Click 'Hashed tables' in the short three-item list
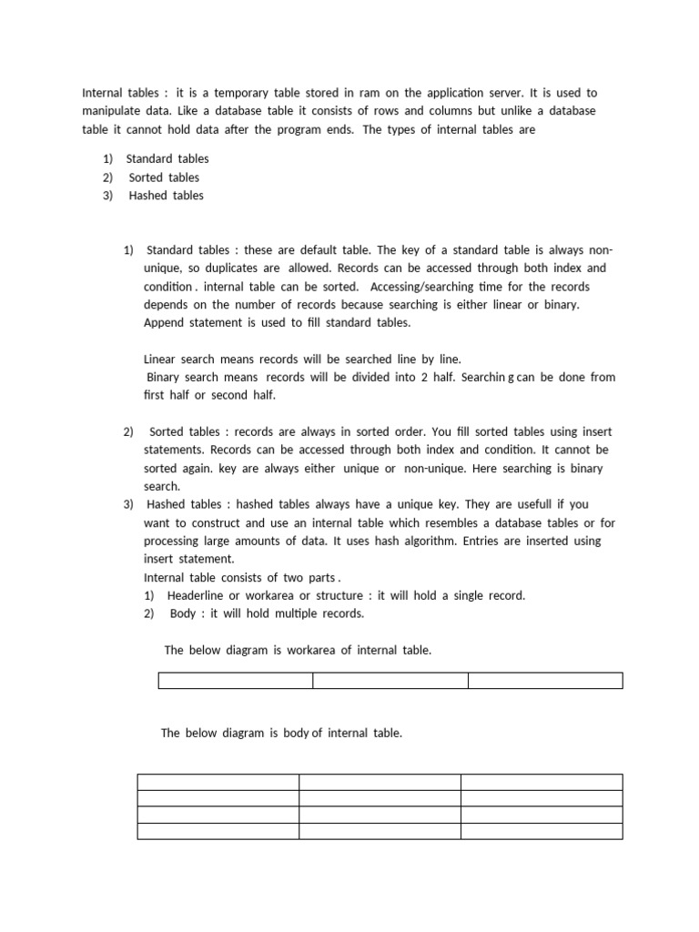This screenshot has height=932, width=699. click(166, 196)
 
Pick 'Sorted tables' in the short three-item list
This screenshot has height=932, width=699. click(164, 177)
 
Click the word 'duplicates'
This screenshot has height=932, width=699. click(231, 268)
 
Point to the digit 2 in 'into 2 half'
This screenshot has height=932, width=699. click(425, 377)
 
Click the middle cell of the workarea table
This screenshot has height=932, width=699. click(390, 681)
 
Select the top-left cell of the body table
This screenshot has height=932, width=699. click(218, 782)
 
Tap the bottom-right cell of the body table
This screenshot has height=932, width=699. click(542, 831)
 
